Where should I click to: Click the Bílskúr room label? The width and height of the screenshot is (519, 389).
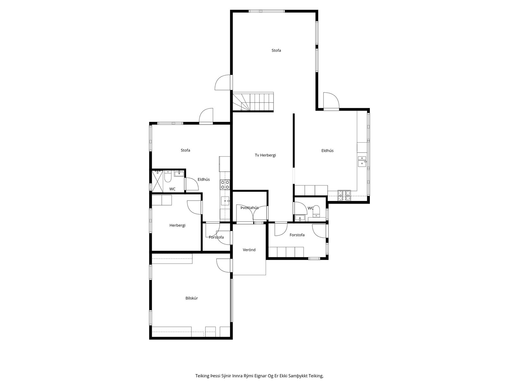pyautogui.click(x=191, y=298)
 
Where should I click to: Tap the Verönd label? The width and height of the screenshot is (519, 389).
pyautogui.click(x=249, y=250)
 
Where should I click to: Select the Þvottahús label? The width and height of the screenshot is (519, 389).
pyautogui.click(x=249, y=208)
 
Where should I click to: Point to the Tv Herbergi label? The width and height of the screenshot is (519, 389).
pyautogui.click(x=265, y=155)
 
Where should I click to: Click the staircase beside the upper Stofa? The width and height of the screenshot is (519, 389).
pyautogui.click(x=253, y=101)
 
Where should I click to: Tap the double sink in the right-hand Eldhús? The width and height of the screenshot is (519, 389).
pyautogui.click(x=362, y=161)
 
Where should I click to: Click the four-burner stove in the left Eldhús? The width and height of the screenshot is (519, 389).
pyautogui.click(x=225, y=184)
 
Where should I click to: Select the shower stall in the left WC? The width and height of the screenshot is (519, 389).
pyautogui.click(x=157, y=181)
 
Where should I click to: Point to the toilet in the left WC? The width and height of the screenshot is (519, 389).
pyautogui.click(x=168, y=176)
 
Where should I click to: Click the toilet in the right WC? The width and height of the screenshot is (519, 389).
pyautogui.click(x=316, y=211)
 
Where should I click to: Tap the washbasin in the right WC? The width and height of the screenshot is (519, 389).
pyautogui.click(x=300, y=218)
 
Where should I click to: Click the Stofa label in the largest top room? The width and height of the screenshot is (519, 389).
pyautogui.click(x=276, y=50)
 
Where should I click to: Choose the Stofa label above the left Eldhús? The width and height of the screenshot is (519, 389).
pyautogui.click(x=185, y=150)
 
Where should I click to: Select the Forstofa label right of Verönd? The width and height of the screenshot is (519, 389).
pyautogui.click(x=297, y=235)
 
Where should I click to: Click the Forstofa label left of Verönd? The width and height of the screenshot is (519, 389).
pyautogui.click(x=216, y=237)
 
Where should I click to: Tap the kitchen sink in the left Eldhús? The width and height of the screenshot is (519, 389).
pyautogui.click(x=225, y=201)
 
